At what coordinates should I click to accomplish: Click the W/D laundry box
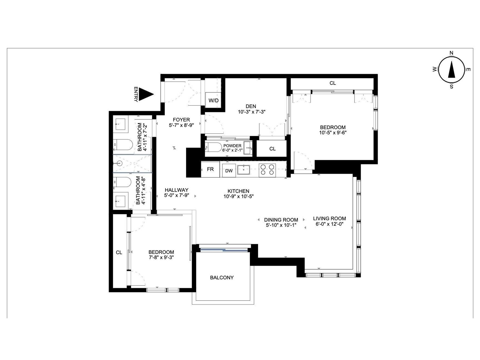coord(213,100)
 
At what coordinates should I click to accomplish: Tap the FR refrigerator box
coord(210,169)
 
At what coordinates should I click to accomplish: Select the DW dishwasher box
coord(229,171)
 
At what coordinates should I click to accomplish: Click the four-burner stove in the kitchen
coord(267,170)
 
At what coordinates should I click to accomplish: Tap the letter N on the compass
coord(451,53)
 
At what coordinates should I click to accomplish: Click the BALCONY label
coord(222,277)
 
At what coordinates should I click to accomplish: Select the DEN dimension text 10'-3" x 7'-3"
coord(251,112)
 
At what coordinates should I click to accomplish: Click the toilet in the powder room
coord(213,148)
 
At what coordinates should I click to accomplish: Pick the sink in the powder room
coord(247,148)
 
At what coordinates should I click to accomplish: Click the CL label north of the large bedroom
coord(332,83)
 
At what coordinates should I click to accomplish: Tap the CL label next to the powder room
coord(272,149)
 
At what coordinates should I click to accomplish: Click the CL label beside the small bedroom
coord(119,253)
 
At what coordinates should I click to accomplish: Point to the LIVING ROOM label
coord(329,218)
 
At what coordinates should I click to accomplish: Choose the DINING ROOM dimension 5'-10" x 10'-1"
coord(281,225)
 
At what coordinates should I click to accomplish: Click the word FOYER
coord(181,120)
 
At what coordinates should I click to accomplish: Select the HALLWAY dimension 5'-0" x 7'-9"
coord(176,195)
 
